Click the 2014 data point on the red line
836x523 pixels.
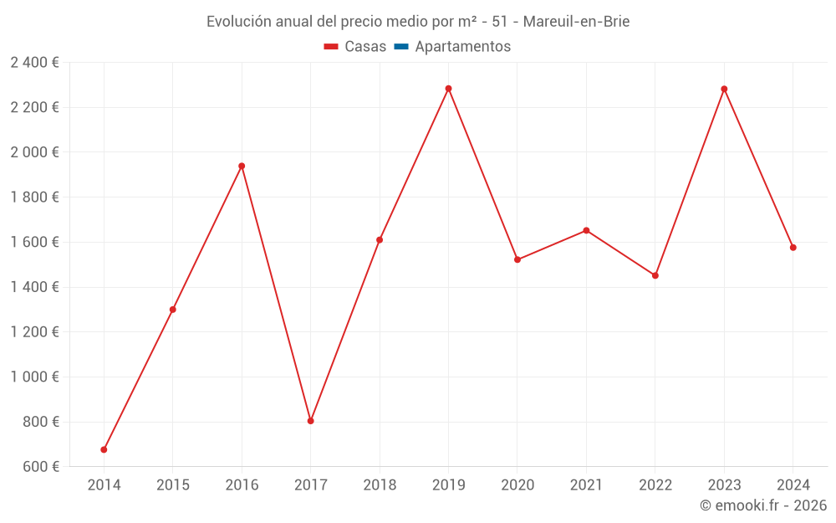(x=104, y=449)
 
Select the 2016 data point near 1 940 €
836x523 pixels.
(x=242, y=166)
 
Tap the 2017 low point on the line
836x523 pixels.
(x=310, y=421)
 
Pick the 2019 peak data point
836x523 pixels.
(x=448, y=89)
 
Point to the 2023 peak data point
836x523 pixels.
(x=724, y=89)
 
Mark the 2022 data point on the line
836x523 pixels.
(x=655, y=275)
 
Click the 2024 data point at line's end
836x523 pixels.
(x=793, y=248)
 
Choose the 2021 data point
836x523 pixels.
(x=586, y=230)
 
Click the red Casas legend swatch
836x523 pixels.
(x=331, y=47)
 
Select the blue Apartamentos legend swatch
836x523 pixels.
(x=401, y=47)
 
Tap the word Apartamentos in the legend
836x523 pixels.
(x=462, y=47)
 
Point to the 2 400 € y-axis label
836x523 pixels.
(x=34, y=62)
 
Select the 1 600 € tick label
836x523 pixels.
(x=34, y=242)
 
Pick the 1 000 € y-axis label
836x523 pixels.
(x=34, y=377)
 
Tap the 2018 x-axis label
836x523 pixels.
(x=380, y=485)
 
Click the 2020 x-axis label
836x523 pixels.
(x=517, y=485)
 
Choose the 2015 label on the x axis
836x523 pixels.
(x=173, y=485)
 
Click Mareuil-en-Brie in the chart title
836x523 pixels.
(x=576, y=22)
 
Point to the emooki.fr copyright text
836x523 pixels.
(x=763, y=505)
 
